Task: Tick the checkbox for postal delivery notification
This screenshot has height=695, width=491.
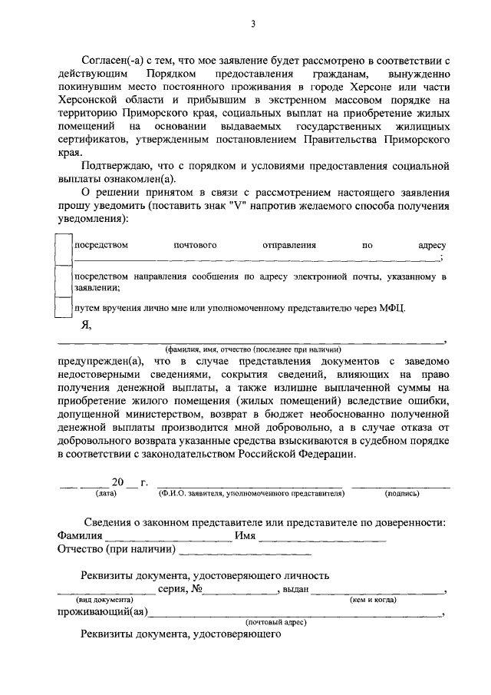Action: (x=64, y=250)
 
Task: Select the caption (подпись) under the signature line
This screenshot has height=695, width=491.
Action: (x=401, y=494)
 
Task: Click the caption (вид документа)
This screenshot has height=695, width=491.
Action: (x=104, y=599)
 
